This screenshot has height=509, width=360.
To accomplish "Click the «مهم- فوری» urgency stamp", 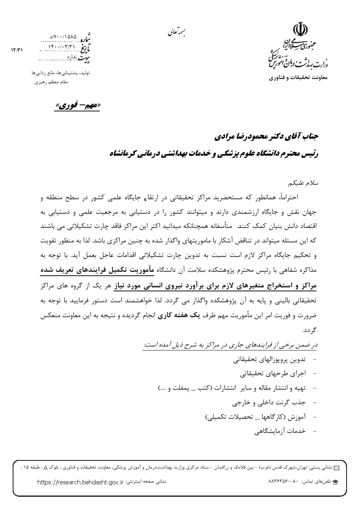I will (x=77, y=106).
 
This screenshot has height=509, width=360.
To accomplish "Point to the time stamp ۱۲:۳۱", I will (x=17, y=50).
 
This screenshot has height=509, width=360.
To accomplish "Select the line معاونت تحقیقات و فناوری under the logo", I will (x=298, y=77).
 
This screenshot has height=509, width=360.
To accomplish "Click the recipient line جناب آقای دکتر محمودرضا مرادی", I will (x=265, y=137).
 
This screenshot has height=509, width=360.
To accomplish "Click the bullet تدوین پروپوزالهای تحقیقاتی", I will (x=269, y=360).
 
